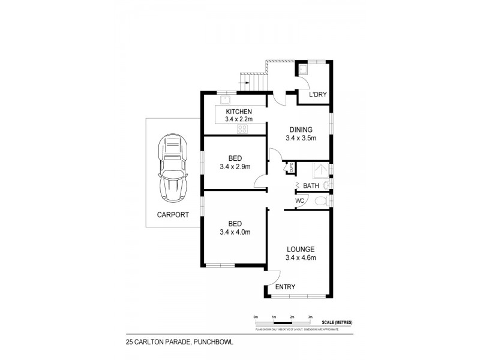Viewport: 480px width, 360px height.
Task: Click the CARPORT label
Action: [173, 214]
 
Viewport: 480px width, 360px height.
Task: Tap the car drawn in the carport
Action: [172, 169]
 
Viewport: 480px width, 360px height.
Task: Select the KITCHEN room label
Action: [238, 112]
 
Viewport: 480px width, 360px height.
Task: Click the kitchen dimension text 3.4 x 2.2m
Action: [238, 120]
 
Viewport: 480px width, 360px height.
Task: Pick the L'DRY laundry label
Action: [317, 95]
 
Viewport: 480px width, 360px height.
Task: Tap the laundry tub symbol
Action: [302, 70]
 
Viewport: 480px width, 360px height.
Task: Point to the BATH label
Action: [311, 185]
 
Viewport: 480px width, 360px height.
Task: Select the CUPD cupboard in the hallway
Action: [292, 168]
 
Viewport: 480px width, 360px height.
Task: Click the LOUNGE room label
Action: [301, 249]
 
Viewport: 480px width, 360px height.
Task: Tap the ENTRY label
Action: [285, 287]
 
